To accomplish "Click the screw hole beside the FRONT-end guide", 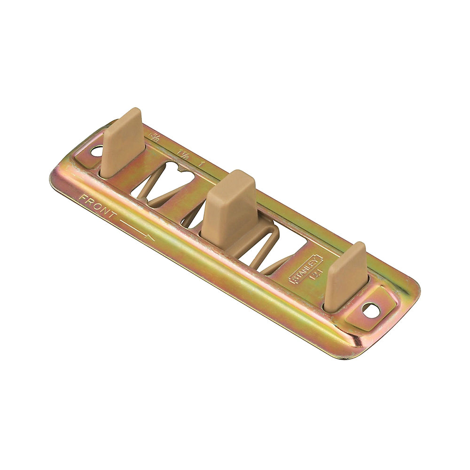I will click(x=97, y=151).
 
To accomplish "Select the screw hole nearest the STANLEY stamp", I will click(x=370, y=309).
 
